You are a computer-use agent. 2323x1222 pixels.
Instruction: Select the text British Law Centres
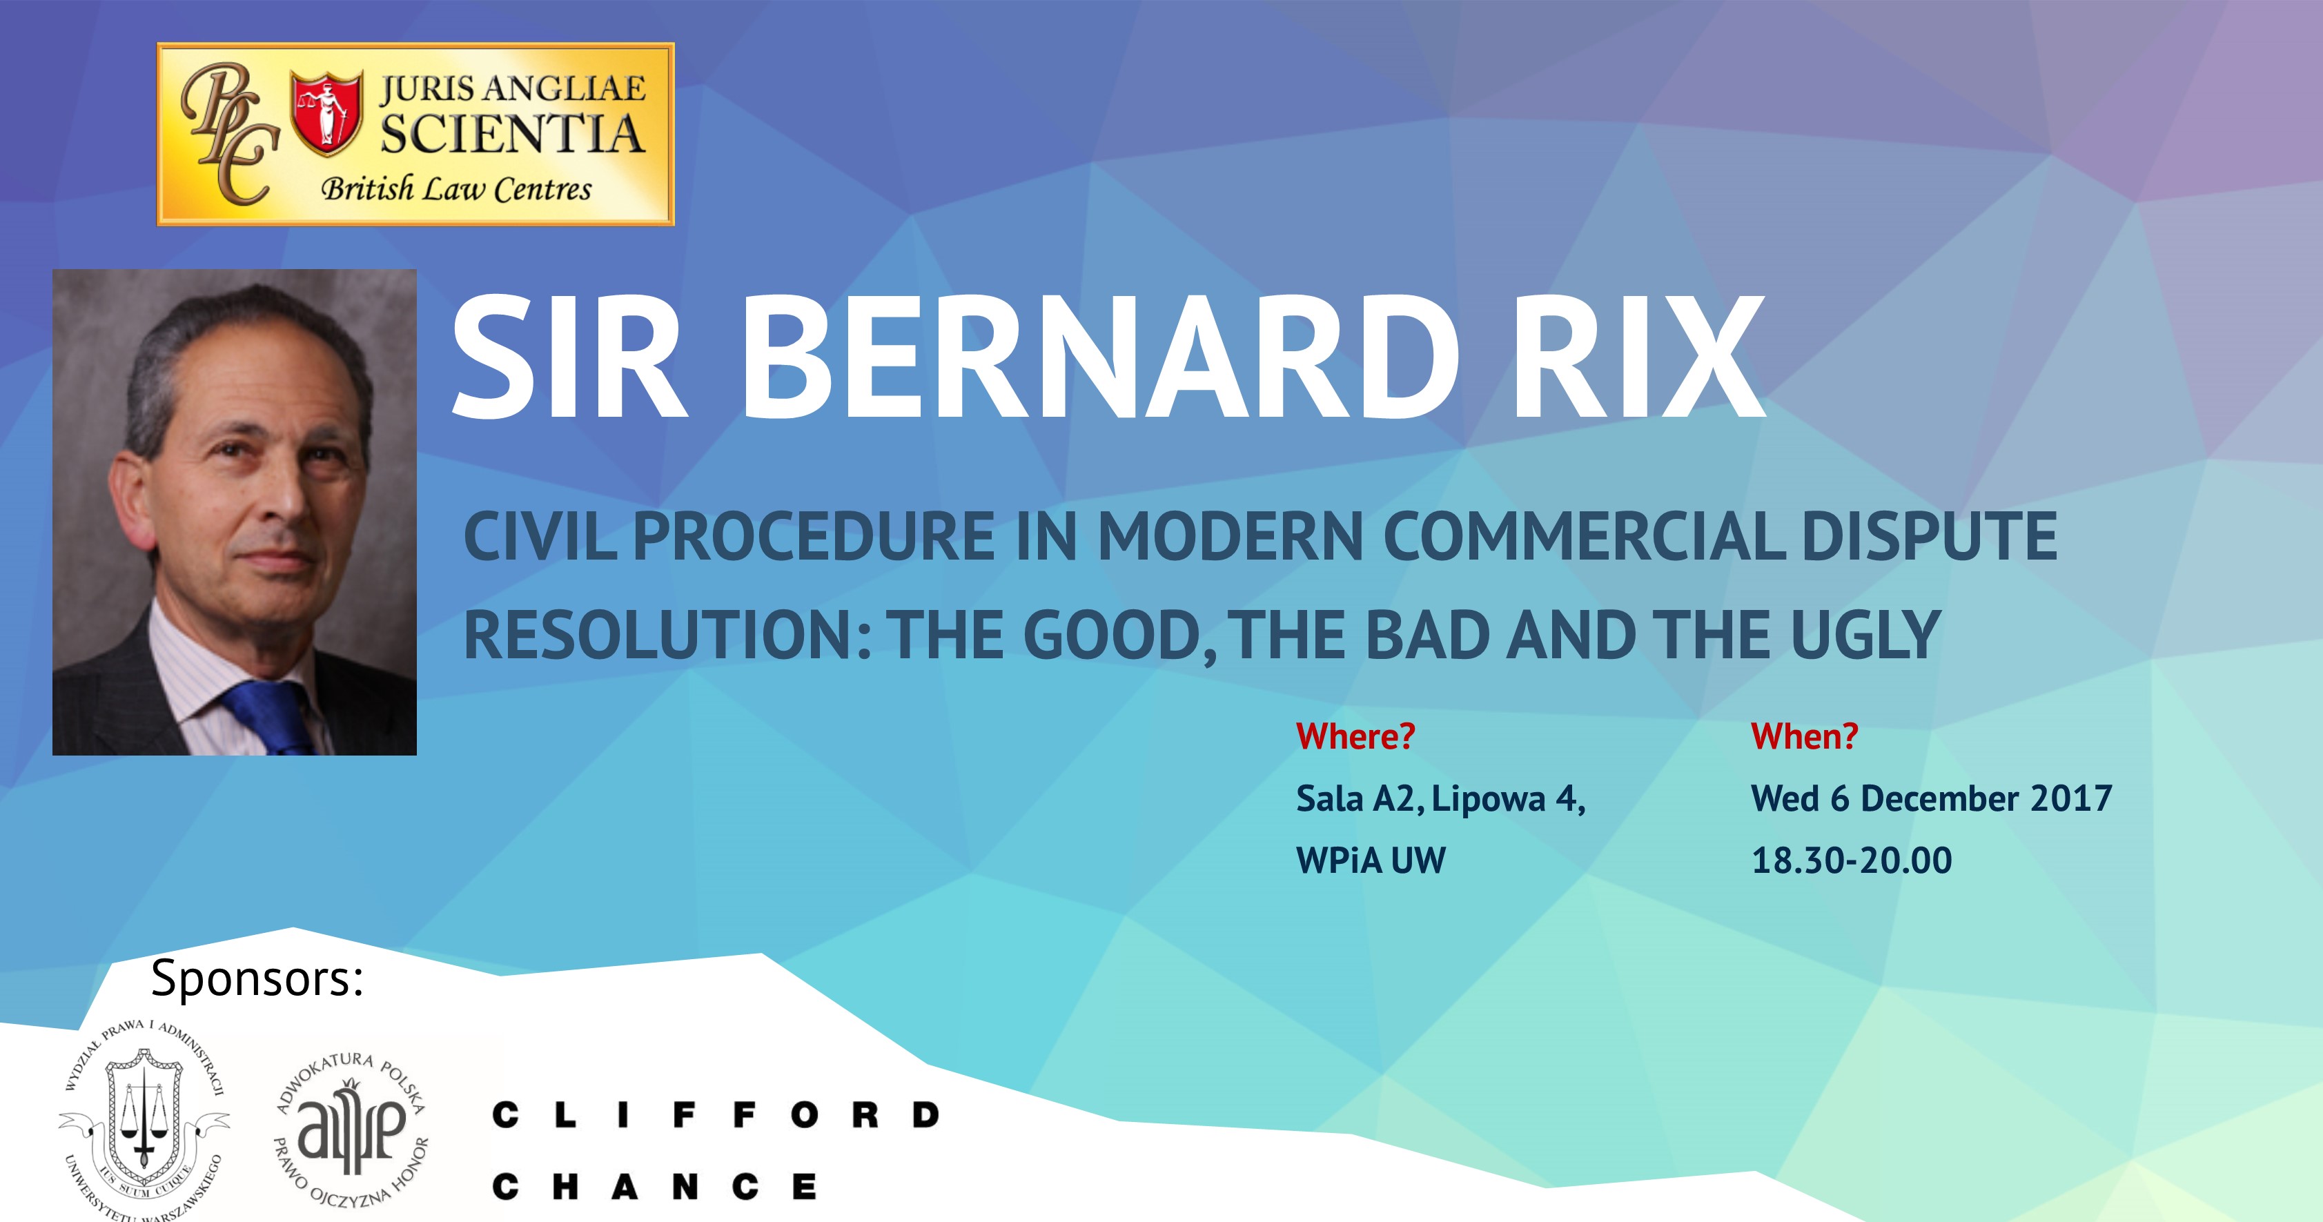(456, 189)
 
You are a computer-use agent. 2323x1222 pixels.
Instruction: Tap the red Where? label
(1355, 737)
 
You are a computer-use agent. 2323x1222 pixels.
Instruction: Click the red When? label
(1805, 737)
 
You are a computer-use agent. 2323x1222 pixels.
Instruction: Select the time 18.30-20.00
(1852, 860)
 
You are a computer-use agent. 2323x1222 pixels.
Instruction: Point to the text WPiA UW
(1371, 860)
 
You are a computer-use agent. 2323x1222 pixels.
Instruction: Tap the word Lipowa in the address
(1489, 800)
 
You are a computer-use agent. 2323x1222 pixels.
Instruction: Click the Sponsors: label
(257, 978)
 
